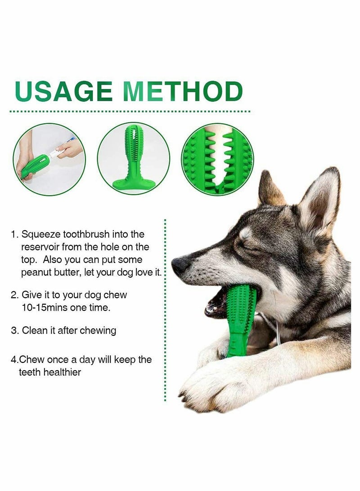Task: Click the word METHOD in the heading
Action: pos(183,91)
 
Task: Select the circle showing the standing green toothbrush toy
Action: pos(133,159)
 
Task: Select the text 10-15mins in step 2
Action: pos(43,308)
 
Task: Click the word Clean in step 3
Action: pos(35,330)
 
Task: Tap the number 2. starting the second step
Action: pos(15,295)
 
